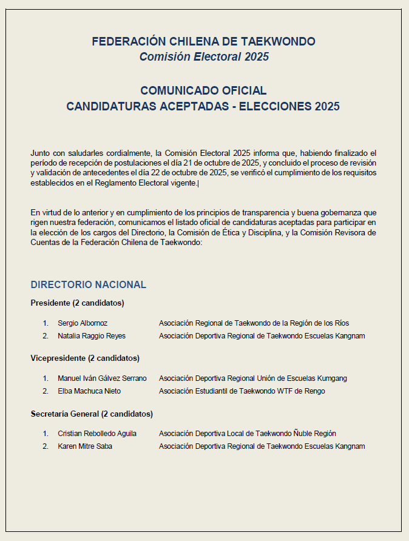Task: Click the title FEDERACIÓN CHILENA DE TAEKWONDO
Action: pyautogui.click(x=204, y=42)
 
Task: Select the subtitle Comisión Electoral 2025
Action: pyautogui.click(x=204, y=57)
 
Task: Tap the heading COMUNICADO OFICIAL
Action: pyautogui.click(x=203, y=91)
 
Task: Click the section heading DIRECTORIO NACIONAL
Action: pyautogui.click(x=89, y=284)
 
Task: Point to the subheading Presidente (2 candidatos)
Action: pyautogui.click(x=77, y=303)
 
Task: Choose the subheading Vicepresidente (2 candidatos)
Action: pyautogui.click(x=85, y=358)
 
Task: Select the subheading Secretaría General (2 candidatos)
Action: pyautogui.click(x=92, y=414)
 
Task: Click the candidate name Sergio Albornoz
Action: pyautogui.click(x=83, y=323)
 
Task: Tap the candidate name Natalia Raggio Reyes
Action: pyautogui.click(x=92, y=336)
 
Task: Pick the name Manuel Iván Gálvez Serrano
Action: pyautogui.click(x=102, y=378)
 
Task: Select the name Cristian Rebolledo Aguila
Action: pyautogui.click(x=97, y=434)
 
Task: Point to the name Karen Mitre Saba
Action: pyautogui.click(x=85, y=446)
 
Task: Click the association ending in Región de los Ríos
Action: pyautogui.click(x=254, y=323)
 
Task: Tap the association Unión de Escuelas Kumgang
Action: pyautogui.click(x=252, y=378)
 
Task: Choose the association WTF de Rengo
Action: pyautogui.click(x=242, y=391)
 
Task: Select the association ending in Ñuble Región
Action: pyautogui.click(x=247, y=434)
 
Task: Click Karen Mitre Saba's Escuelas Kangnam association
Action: pyautogui.click(x=262, y=446)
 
